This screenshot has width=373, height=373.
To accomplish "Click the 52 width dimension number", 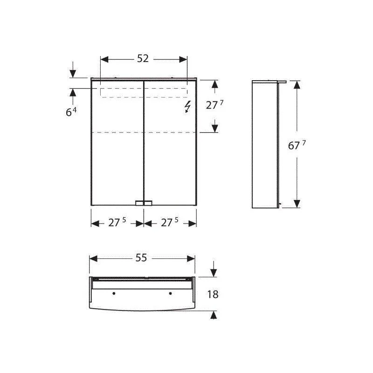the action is click(143, 59).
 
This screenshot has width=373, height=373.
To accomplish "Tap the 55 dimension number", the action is click(141, 258).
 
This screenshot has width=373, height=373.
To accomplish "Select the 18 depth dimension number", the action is click(213, 294).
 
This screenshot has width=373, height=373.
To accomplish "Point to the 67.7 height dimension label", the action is click(297, 145).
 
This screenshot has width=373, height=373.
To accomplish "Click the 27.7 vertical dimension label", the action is click(214, 104).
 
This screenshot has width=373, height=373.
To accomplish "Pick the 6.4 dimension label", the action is click(71, 112).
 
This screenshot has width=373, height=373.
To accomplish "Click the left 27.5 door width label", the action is click(117, 222).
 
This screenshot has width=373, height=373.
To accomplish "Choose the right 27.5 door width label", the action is click(170, 222).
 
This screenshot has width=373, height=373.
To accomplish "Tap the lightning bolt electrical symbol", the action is click(188, 107).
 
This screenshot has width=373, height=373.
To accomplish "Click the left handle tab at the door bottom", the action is click(139, 203).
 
